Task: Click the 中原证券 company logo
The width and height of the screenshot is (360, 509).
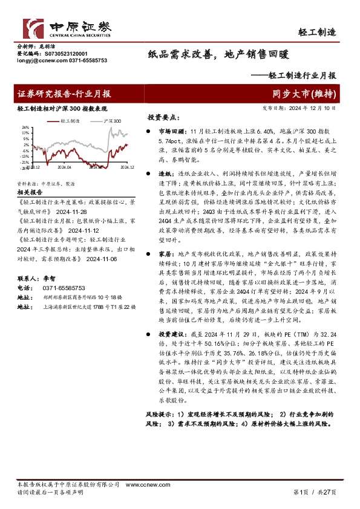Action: tap(67, 27)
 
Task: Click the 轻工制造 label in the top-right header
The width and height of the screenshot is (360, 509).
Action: tap(318, 31)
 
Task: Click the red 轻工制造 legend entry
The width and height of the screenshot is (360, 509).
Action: tap(70, 121)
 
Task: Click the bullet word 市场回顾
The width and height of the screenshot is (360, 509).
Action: tap(168, 131)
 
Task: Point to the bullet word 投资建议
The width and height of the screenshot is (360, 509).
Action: tap(168, 334)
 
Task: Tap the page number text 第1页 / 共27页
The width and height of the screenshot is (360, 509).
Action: tap(313, 493)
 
